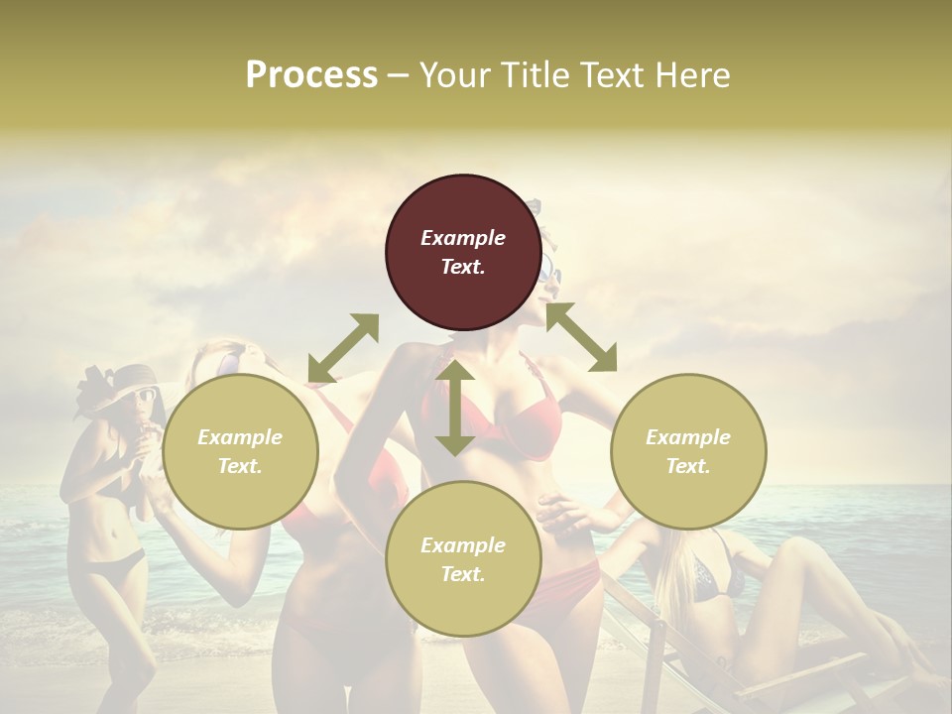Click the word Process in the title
pyautogui.click(x=311, y=75)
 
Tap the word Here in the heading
pyautogui.click(x=692, y=75)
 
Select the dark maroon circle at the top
pyautogui.click(x=463, y=252)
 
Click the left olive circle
pyautogui.click(x=240, y=451)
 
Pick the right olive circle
pyautogui.click(x=688, y=451)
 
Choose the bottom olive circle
pyautogui.click(x=463, y=558)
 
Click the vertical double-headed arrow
pyautogui.click(x=454, y=408)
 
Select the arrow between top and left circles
pyautogui.click(x=343, y=347)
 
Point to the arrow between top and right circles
pyautogui.click(x=581, y=337)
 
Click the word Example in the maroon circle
pyautogui.click(x=463, y=238)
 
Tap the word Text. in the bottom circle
pyautogui.click(x=463, y=574)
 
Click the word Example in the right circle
pyautogui.click(x=688, y=437)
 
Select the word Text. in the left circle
pyautogui.click(x=240, y=466)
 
